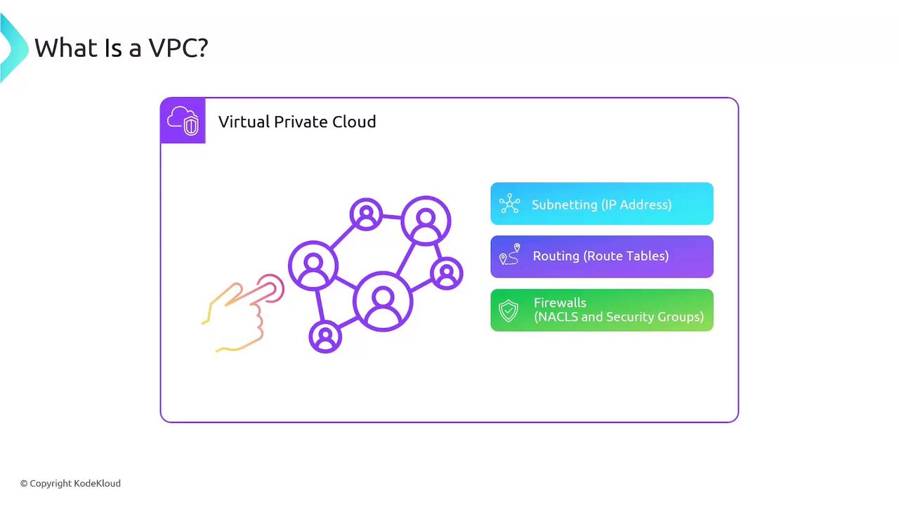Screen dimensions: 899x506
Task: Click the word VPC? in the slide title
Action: tap(178, 48)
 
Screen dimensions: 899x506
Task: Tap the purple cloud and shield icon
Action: tap(183, 120)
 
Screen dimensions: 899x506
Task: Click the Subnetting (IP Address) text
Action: tap(602, 205)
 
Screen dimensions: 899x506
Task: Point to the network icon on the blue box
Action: tap(510, 203)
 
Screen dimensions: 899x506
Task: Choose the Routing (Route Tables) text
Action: tap(601, 257)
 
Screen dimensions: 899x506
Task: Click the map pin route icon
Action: tap(510, 254)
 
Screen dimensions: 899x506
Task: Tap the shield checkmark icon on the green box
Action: tap(508, 311)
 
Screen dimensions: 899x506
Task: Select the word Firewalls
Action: tap(560, 302)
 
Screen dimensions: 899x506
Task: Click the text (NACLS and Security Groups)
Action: tap(619, 317)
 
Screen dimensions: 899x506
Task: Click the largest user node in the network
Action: tap(383, 301)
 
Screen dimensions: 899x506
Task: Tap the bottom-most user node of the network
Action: tap(325, 337)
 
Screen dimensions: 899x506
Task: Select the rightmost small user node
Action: tap(447, 273)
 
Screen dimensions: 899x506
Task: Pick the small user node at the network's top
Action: tap(366, 214)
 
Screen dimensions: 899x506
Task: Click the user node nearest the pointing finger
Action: tap(313, 266)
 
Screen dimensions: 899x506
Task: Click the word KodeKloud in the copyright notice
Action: tap(97, 483)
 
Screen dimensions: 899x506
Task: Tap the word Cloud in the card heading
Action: tap(354, 122)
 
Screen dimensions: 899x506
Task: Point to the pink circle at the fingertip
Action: tap(271, 288)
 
